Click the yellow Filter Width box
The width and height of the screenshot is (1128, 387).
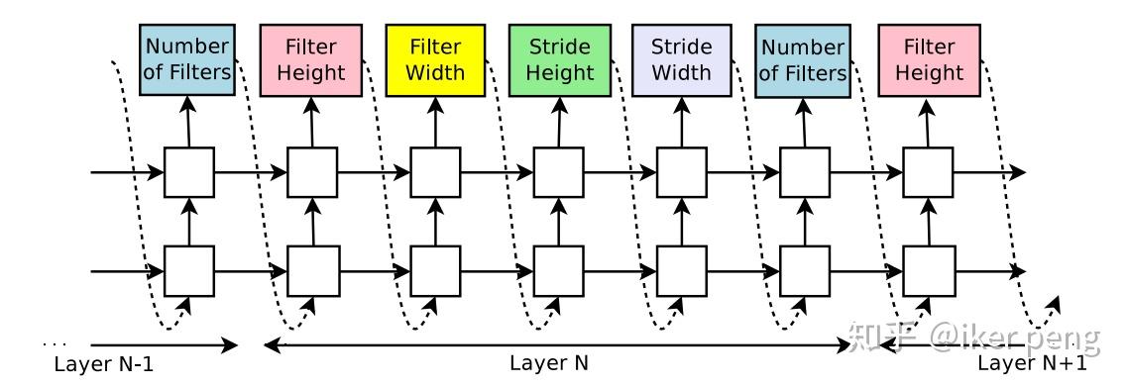point(435,59)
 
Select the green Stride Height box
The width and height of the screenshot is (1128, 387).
point(559,59)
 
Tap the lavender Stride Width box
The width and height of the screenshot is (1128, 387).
point(682,59)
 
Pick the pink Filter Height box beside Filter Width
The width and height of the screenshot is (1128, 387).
point(312,59)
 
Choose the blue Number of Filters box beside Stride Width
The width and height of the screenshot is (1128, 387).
point(804,59)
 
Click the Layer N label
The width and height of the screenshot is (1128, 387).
point(548,363)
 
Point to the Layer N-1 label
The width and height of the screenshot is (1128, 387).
point(104,364)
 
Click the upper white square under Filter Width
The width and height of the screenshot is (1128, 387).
point(435,172)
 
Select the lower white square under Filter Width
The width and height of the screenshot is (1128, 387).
point(435,268)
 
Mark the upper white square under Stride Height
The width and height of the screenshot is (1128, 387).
point(559,172)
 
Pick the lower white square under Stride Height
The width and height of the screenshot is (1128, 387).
point(559,268)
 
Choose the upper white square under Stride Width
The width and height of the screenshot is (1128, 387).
point(682,172)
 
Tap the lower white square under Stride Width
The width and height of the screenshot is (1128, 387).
point(682,268)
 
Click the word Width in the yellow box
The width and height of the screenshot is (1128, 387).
point(435,72)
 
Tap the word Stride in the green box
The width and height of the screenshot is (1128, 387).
point(559,47)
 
